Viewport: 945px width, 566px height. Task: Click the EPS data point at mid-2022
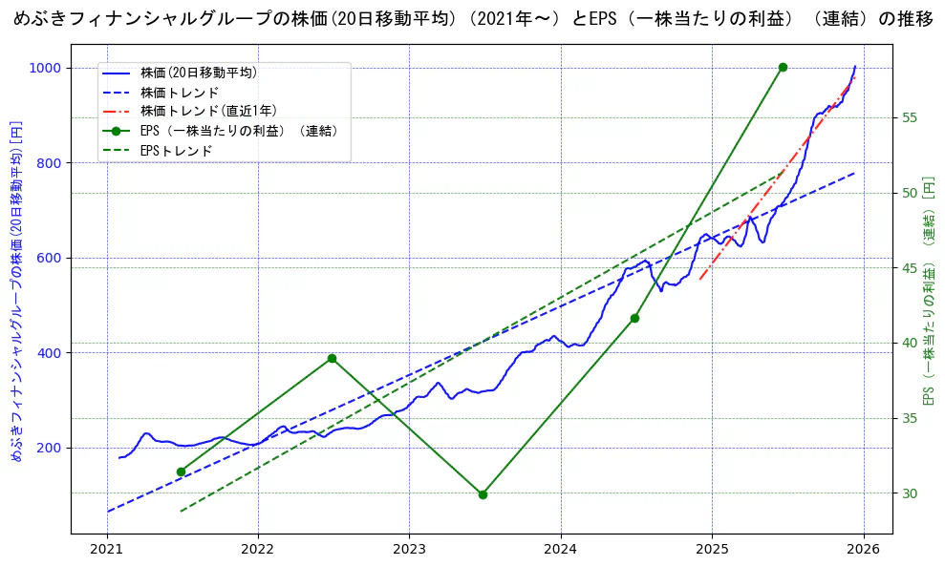[x=332, y=359]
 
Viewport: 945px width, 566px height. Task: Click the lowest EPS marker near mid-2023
[x=483, y=494]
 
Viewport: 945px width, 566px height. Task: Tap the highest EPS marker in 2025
[x=783, y=67]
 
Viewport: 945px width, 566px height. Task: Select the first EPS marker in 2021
[x=181, y=472]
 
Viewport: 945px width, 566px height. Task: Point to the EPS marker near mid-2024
[x=634, y=318]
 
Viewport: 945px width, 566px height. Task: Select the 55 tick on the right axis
[x=910, y=117]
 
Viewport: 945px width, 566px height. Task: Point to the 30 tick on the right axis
[x=910, y=493]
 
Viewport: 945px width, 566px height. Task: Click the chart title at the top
[x=473, y=19]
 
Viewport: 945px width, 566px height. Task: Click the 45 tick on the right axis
[x=910, y=268]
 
